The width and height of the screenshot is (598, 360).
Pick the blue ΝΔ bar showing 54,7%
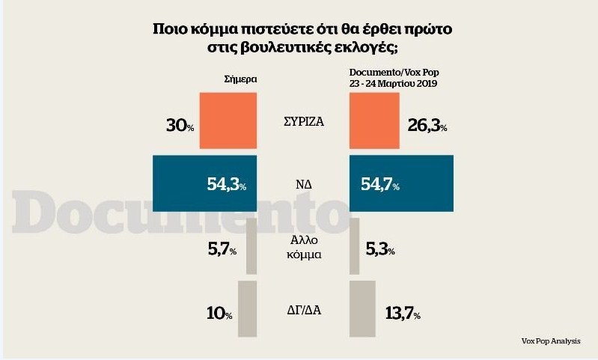(x=402, y=183)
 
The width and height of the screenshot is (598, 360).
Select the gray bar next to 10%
(x=247, y=308)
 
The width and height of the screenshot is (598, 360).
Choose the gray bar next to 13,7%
(x=363, y=308)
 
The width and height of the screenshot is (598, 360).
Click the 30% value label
(x=180, y=125)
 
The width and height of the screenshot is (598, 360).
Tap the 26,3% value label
(x=427, y=125)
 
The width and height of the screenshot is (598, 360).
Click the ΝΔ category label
(x=303, y=183)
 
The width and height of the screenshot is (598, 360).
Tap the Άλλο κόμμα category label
(x=302, y=247)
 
